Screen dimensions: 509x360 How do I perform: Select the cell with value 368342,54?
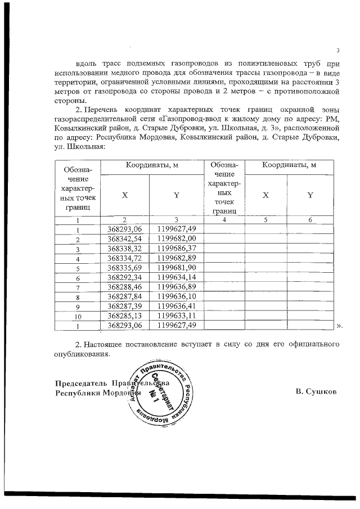tap(124, 239)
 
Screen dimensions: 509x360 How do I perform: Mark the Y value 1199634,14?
tap(176, 278)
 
